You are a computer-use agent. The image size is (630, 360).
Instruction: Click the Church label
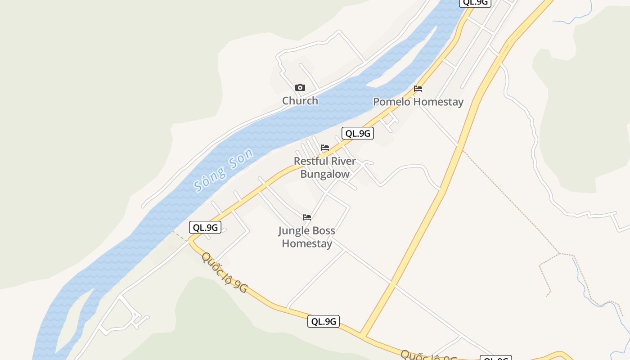pos(300,101)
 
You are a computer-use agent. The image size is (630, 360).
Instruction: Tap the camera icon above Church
pos(300,88)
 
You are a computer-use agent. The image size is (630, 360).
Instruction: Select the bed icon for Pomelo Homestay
pos(418,89)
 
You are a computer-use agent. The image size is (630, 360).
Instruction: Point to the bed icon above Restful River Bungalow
pos(325,148)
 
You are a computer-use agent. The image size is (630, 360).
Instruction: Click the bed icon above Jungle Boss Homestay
pos(307,217)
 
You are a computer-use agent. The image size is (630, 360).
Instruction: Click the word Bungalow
pos(325,174)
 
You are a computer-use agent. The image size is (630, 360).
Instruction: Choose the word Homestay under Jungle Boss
pos(307,244)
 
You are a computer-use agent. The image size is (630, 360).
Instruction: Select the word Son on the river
pos(241,159)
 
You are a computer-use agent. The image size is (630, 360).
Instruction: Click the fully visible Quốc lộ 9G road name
pos(224,273)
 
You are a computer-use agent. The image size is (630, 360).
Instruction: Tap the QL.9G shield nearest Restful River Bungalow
pos(358,133)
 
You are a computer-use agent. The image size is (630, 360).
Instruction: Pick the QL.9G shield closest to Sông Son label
pos(205,227)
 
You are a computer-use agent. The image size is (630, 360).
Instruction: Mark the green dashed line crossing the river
pos(180,236)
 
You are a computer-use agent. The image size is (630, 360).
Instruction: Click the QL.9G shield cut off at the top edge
pos(475,3)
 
